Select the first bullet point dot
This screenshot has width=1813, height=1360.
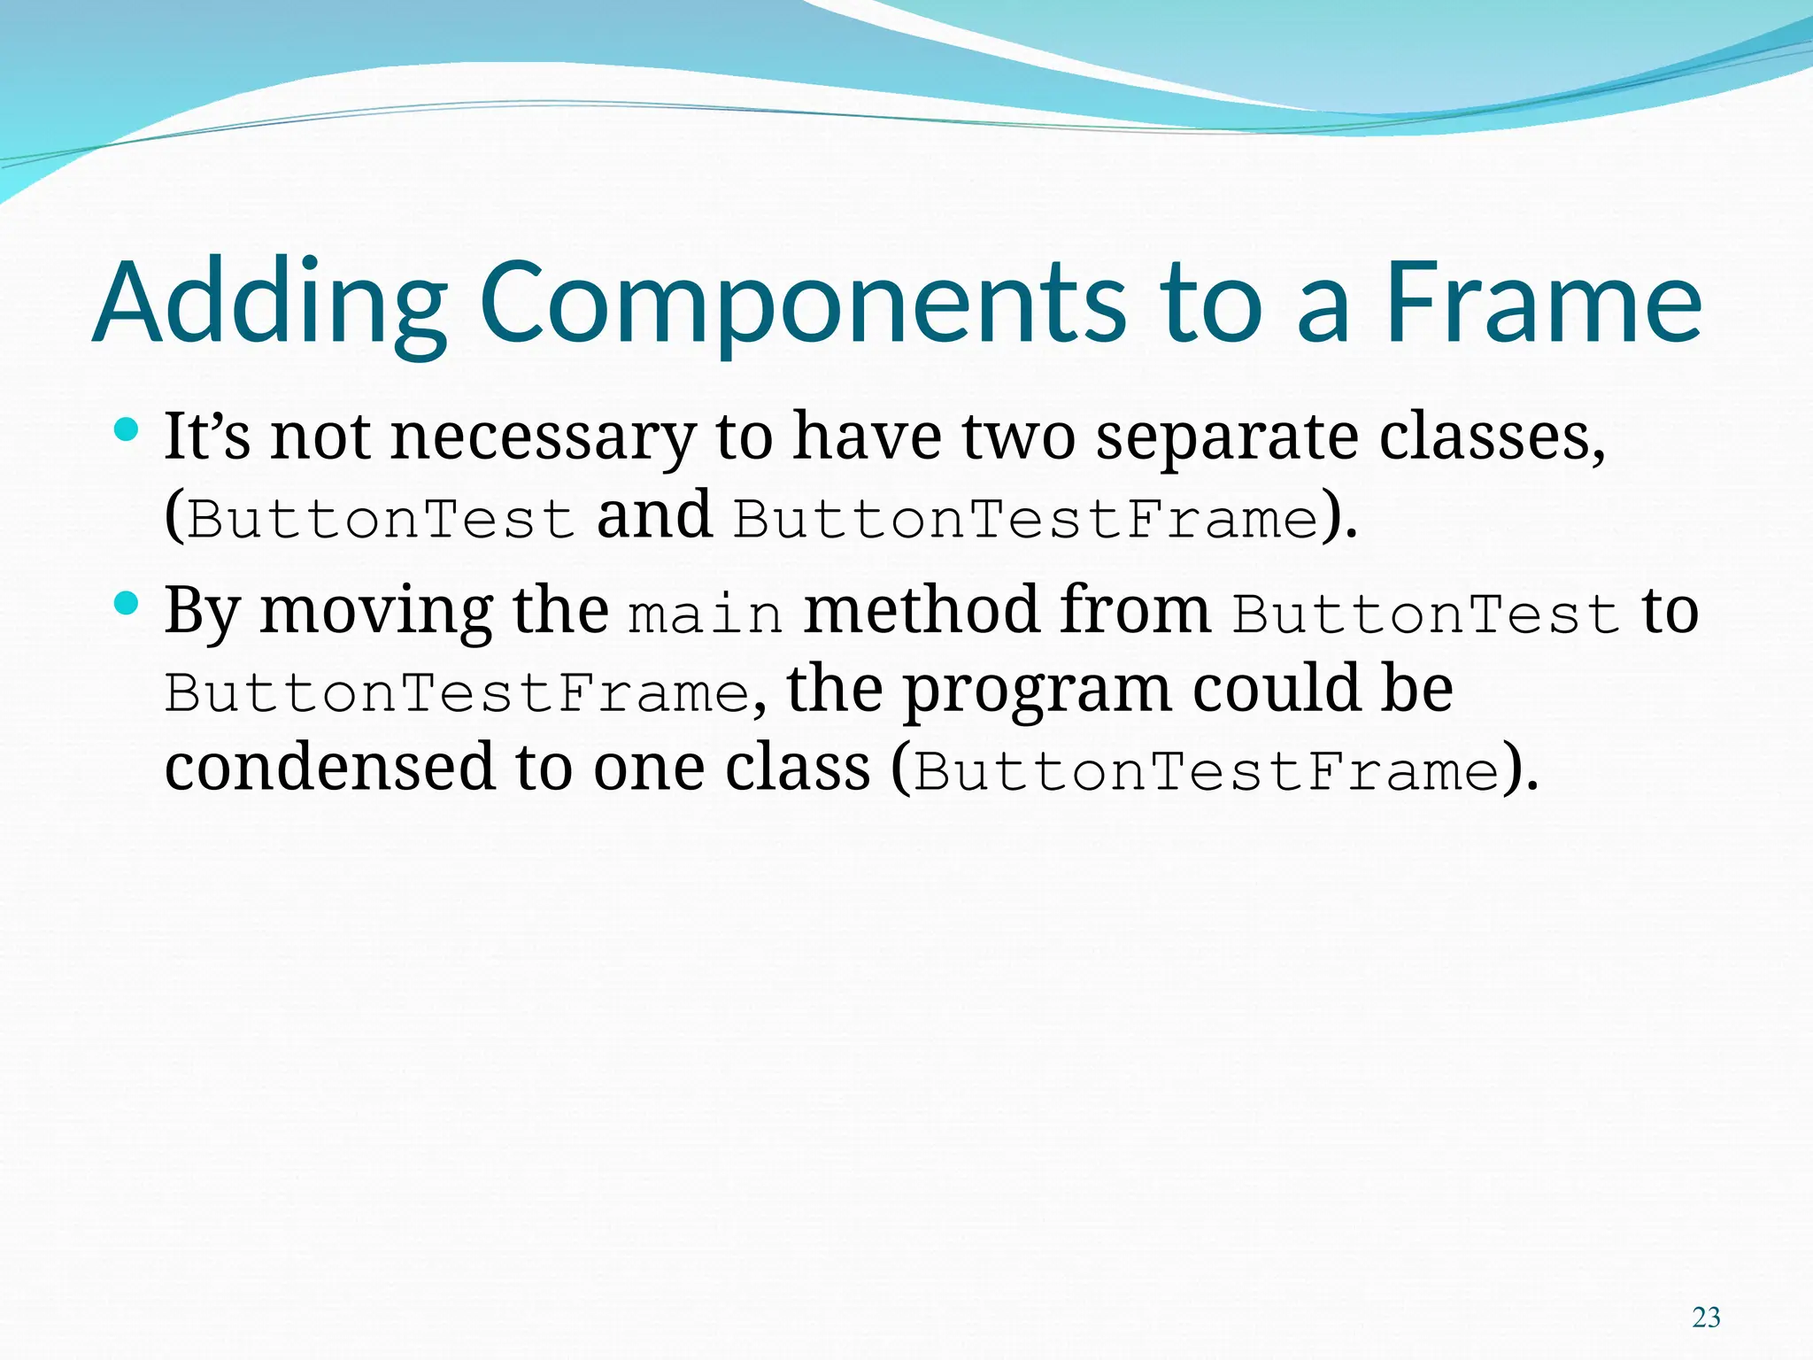click(127, 431)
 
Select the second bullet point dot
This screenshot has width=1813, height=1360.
click(127, 605)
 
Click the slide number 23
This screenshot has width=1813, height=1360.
click(1706, 1317)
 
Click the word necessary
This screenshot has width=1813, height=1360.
click(543, 437)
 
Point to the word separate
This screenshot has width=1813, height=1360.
click(1227, 437)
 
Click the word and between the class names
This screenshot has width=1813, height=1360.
click(654, 515)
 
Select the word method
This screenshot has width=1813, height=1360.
click(921, 610)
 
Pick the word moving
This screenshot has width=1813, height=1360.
click(376, 612)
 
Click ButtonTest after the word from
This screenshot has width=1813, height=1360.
click(1426, 614)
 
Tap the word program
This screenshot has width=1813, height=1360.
click(1036, 691)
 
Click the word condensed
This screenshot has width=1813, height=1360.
click(329, 767)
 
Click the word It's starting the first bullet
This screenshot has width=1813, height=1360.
click(207, 437)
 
